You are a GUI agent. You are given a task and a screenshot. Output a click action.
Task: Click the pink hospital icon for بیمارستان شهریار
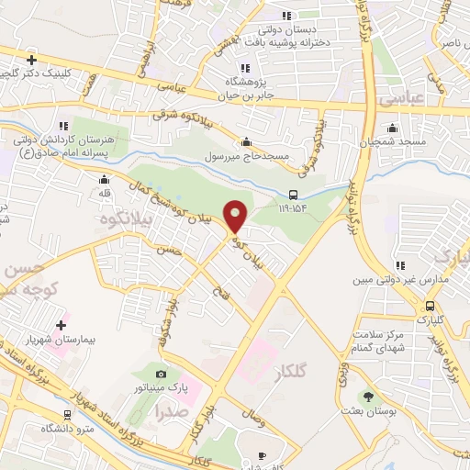pyautogui.click(x=62, y=325)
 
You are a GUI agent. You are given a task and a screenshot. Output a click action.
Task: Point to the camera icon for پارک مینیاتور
pyautogui.click(x=162, y=375)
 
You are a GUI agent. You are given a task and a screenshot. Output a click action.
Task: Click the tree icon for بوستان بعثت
pyautogui.click(x=368, y=397)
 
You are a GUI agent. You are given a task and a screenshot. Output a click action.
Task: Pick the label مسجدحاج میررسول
pyautogui.click(x=247, y=156)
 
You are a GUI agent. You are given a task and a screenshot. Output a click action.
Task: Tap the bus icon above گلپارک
pyautogui.click(x=429, y=307)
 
